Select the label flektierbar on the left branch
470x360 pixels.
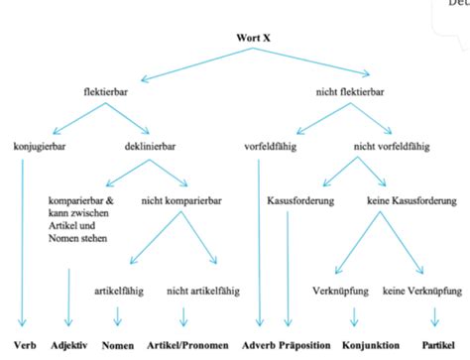108,92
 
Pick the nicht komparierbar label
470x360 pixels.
181,199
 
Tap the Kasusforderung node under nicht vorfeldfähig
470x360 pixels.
300,199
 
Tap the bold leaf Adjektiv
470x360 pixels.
69,346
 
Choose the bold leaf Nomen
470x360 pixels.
118,346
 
